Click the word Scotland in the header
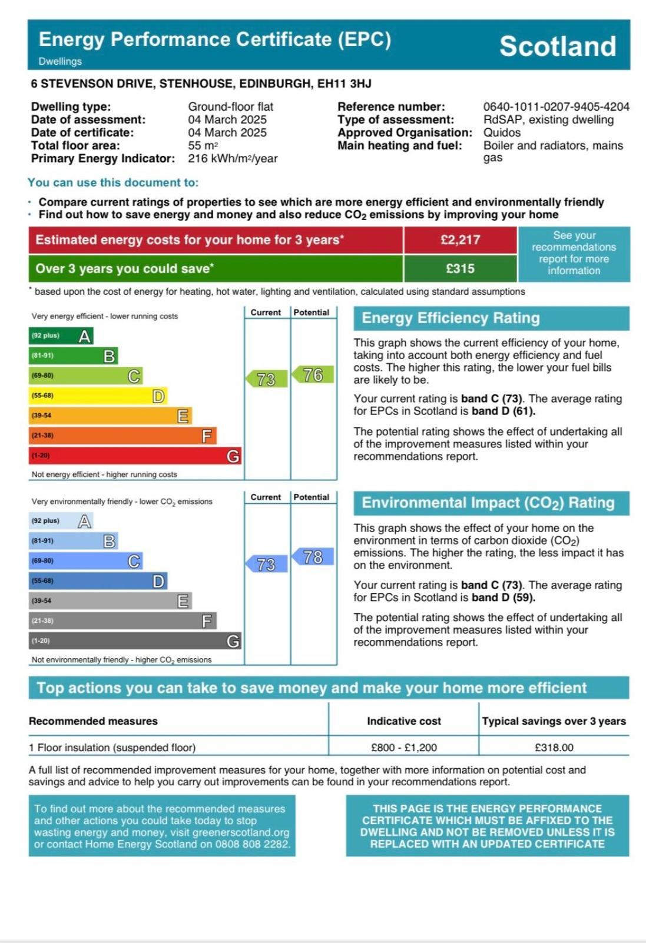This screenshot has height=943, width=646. click(557, 46)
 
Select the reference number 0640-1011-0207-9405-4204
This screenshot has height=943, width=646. click(556, 107)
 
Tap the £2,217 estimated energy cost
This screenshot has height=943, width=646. click(460, 240)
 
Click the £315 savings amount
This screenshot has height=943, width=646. click(460, 268)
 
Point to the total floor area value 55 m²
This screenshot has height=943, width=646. click(203, 145)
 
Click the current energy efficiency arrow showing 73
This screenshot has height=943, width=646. click(267, 379)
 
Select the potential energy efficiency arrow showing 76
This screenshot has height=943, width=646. click(313, 375)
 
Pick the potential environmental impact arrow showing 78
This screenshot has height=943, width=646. click(313, 557)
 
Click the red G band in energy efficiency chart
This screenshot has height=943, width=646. click(135, 456)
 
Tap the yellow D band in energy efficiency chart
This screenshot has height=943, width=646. click(98, 396)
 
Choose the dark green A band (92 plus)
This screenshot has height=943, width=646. click(61, 336)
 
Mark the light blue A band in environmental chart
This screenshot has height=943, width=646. click(61, 521)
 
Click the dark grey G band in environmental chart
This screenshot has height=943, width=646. click(135, 641)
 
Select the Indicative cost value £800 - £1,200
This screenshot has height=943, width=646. click(403, 748)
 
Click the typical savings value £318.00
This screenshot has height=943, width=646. click(554, 748)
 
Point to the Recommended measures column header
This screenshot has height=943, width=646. click(93, 721)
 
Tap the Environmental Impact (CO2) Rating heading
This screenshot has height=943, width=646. click(488, 503)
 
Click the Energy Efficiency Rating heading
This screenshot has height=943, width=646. click(450, 318)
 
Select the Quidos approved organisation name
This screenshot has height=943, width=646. click(502, 132)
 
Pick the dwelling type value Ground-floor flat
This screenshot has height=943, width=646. click(230, 107)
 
